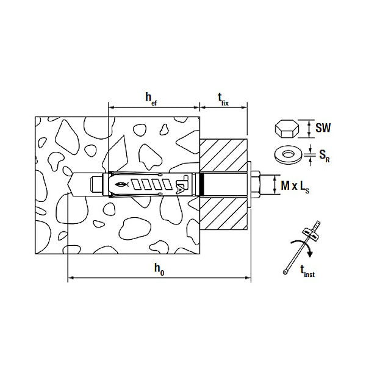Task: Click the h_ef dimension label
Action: point(151,99)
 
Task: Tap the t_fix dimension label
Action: point(223,99)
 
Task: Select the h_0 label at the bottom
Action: point(159,269)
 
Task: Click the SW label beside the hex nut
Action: point(323,128)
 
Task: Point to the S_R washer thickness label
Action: point(325,156)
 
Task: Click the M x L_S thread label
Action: point(295,187)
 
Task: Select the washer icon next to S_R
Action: point(289,155)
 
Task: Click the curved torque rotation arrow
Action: point(303,245)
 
